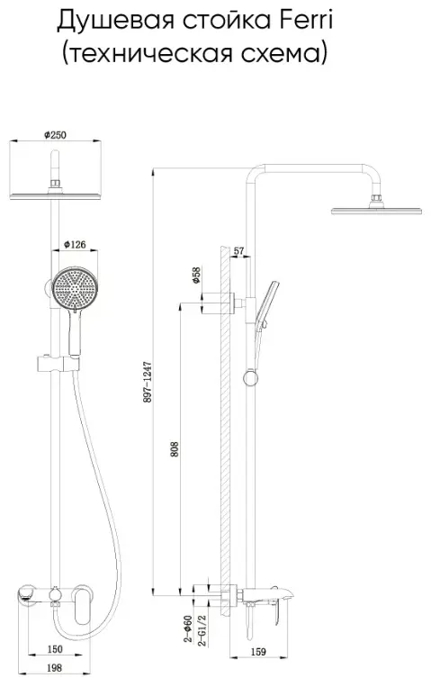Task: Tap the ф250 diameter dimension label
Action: point(55,135)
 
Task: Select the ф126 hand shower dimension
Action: point(75,245)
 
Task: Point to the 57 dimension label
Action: point(238,251)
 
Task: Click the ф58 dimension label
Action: point(196,276)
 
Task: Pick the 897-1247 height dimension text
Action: point(148,382)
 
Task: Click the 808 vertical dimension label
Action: point(175,449)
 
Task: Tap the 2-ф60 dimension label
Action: point(188,628)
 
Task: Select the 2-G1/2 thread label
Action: point(202,630)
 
